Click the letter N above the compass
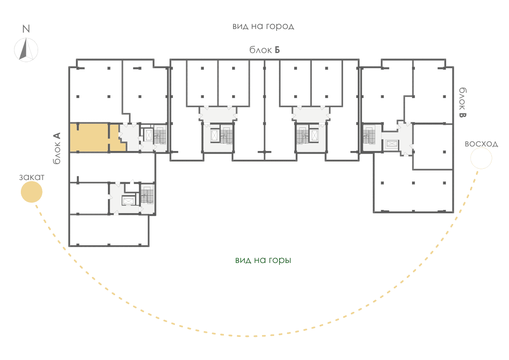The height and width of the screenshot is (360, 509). click(x=26, y=29)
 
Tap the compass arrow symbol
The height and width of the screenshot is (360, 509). click(x=26, y=50)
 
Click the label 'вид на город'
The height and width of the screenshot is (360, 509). click(x=263, y=26)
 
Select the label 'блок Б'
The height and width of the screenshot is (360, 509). click(x=265, y=50)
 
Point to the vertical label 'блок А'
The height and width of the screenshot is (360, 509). click(x=57, y=148)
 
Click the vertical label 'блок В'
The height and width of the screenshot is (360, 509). click(x=462, y=102)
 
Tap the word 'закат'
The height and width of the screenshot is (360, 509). click(x=32, y=177)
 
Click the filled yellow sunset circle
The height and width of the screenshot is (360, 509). click(x=31, y=192)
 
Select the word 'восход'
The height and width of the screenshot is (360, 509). click(x=481, y=144)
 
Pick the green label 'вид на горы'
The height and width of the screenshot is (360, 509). click(x=263, y=260)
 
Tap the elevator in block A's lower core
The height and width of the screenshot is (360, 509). click(x=128, y=201)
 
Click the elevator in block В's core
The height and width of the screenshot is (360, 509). click(x=392, y=144)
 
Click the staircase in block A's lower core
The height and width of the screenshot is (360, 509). click(x=147, y=195)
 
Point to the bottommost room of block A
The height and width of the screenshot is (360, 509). click(x=109, y=230)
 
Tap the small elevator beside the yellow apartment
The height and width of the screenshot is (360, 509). click(x=149, y=135)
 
